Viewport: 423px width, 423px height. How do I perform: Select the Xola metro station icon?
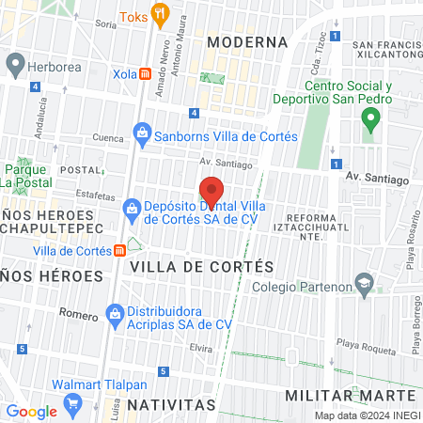pyautogui.click(x=145, y=73)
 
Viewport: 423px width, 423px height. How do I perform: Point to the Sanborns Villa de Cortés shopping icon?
pyautogui.click(x=142, y=133)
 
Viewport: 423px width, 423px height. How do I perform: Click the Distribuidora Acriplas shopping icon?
pyautogui.click(x=115, y=312)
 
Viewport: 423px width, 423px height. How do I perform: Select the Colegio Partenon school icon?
pyautogui.click(x=363, y=282)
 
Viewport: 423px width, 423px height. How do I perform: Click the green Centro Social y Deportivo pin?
pyautogui.click(x=370, y=119)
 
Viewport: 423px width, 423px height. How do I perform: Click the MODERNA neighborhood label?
pyautogui.click(x=247, y=42)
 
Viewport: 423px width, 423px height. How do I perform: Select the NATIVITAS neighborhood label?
pyautogui.click(x=171, y=404)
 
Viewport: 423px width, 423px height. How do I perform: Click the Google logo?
pyautogui.click(x=31, y=412)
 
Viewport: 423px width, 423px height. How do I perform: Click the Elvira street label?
pyautogui.click(x=200, y=347)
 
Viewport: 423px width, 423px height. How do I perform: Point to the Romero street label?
pyautogui.click(x=78, y=313)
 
